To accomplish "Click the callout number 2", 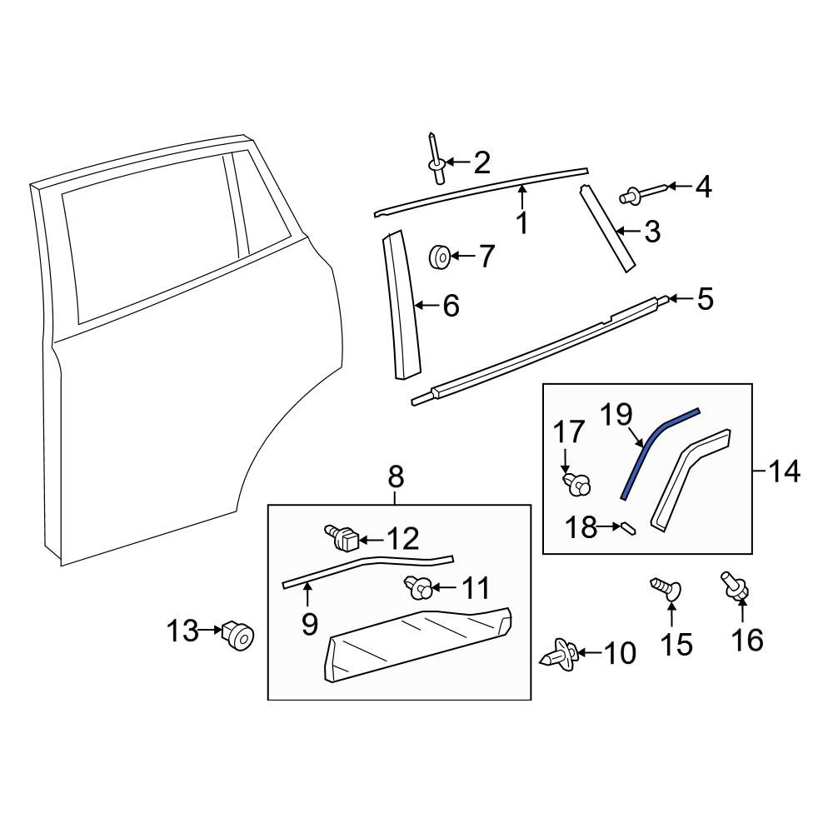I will tap(481, 162).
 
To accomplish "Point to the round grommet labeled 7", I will tap(440, 257).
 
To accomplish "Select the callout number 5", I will tap(705, 299).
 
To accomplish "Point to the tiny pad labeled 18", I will tap(628, 526).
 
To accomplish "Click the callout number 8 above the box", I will tap(396, 477).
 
